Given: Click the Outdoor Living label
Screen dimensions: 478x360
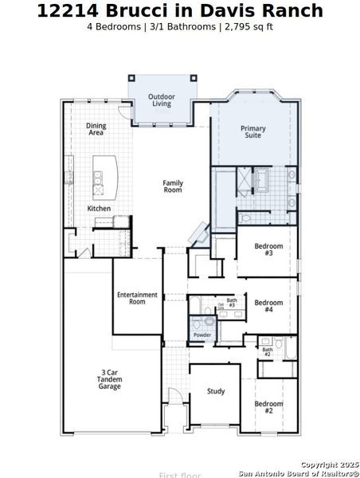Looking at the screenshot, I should tap(161, 100).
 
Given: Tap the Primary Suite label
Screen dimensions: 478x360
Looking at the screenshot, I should tap(253, 132).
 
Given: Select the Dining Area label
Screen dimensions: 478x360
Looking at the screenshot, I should tap(96, 129).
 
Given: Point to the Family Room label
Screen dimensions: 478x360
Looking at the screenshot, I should tap(173, 186).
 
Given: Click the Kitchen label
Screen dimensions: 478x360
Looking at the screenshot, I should tap(99, 209).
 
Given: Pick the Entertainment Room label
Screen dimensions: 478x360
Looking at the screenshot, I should tap(137, 299).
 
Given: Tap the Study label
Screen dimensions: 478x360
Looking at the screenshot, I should tap(215, 391).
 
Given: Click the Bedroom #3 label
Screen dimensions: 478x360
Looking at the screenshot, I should tap(268, 249).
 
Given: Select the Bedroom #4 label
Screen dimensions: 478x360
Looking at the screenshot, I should tap(268, 306).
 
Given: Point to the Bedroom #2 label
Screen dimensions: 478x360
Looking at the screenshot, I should tap(268, 407).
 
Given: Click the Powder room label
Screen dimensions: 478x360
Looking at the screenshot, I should tap(202, 335).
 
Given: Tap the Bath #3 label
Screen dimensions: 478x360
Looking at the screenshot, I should tap(232, 302).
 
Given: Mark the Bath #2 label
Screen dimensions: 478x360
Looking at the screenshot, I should tap(268, 351).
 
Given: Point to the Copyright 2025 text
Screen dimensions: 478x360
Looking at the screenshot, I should tap(329, 464).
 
